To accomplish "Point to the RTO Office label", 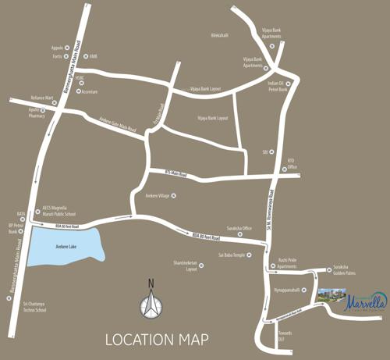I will (x=292, y=164).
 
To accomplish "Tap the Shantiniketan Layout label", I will (x=185, y=266).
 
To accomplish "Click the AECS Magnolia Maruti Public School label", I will (x=59, y=211).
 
